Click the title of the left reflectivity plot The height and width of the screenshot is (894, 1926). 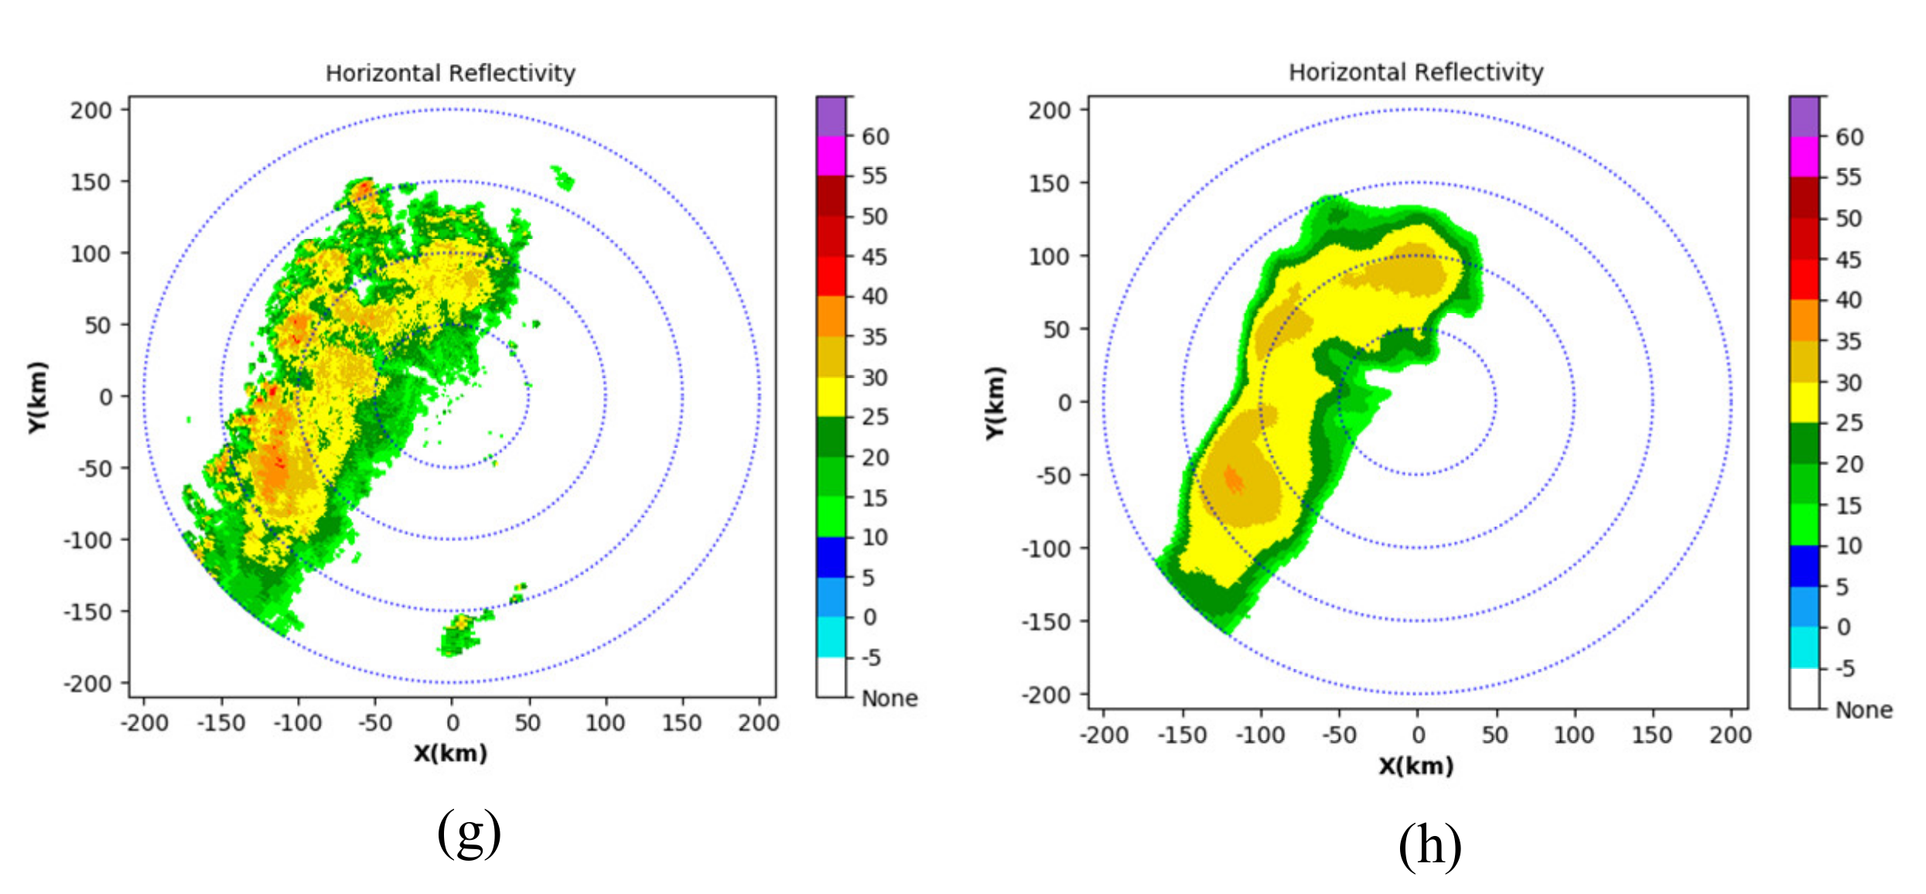point(450,73)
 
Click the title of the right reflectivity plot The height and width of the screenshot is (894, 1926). point(1415,72)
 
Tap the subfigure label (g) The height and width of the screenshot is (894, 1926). point(469,832)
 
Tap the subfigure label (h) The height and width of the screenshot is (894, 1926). point(1429,845)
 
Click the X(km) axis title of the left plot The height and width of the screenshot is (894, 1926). point(450,752)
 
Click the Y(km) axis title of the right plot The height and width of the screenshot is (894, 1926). point(995,403)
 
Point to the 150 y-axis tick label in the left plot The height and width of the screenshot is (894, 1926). point(90,183)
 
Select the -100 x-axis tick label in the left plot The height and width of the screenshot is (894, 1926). point(297,723)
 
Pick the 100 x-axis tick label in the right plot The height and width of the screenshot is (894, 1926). point(1573,735)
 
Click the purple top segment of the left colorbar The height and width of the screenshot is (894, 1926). point(831,116)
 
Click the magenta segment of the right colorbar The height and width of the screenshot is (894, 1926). point(1804,157)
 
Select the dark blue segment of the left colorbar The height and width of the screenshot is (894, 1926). point(831,557)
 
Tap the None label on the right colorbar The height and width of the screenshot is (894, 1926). point(1863,710)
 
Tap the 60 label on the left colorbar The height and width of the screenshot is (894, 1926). point(875,137)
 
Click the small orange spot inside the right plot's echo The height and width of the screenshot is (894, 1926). point(1234,480)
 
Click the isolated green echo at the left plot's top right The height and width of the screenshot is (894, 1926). point(562,178)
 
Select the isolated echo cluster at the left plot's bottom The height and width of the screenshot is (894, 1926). point(459,634)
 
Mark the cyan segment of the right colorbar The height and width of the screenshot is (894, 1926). point(1804,647)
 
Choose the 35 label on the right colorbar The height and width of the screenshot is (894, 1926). point(1848,341)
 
